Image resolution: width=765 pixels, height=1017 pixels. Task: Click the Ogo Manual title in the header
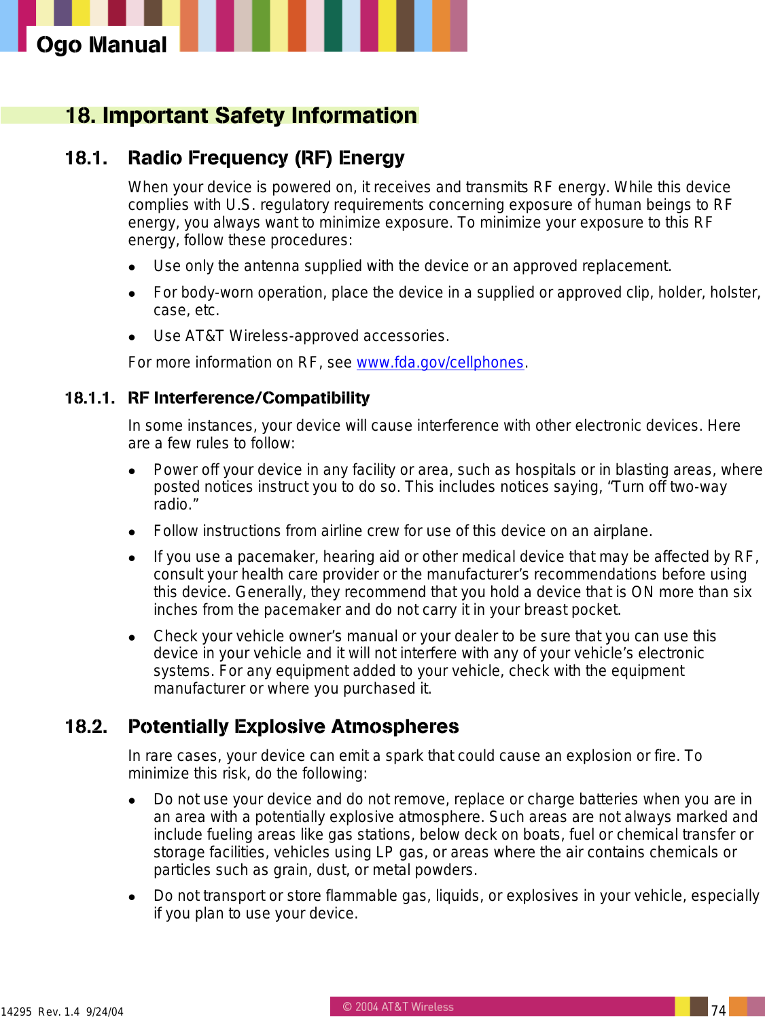(x=101, y=45)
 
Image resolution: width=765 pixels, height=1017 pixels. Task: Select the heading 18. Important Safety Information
(x=241, y=115)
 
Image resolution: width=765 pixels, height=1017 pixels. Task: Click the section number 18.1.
(x=86, y=158)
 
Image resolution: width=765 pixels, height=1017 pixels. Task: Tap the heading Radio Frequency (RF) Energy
(x=266, y=158)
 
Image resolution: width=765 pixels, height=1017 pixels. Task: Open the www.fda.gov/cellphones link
(x=440, y=363)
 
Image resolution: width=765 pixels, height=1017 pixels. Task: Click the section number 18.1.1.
(x=90, y=398)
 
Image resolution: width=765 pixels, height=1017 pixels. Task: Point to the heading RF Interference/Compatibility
(x=249, y=398)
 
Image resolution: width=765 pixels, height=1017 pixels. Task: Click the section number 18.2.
(x=86, y=727)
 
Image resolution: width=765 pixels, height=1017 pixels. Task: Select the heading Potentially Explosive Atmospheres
(x=293, y=727)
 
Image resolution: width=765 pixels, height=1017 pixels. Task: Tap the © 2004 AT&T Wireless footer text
(x=398, y=1007)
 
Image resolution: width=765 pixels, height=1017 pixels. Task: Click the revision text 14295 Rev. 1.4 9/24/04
(x=63, y=1012)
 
